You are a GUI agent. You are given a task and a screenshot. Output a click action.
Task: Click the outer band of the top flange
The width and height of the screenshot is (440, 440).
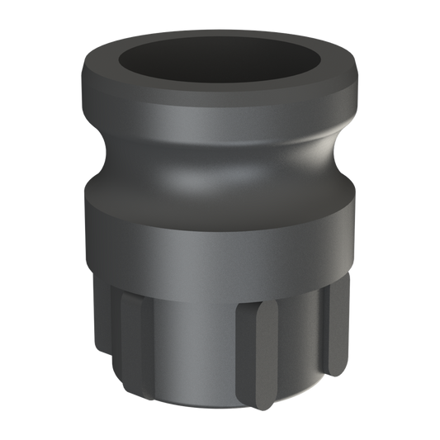click(220, 111)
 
